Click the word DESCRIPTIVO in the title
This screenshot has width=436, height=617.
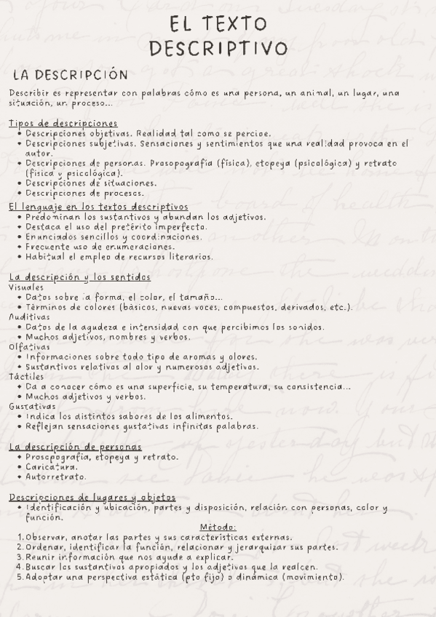point(218,49)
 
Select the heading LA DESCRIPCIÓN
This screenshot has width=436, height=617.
point(71,75)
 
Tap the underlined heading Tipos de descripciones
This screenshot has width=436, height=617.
point(63,123)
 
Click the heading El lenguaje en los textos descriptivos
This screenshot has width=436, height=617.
point(98,207)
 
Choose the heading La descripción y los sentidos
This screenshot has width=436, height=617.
point(80,277)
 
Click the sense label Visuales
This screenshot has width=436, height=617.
point(26,287)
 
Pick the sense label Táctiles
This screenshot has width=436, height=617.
point(26,377)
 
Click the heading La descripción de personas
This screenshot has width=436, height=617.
point(75,447)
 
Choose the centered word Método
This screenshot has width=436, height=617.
point(218,527)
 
